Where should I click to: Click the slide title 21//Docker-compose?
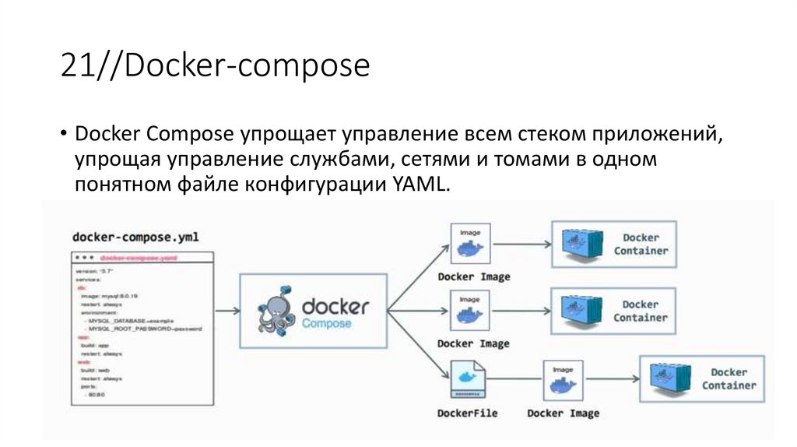click(214, 66)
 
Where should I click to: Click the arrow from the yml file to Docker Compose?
click(226, 311)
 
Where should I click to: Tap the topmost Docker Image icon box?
click(470, 244)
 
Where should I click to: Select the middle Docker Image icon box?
click(470, 311)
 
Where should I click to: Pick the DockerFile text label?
click(467, 413)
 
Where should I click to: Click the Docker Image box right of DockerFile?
click(563, 379)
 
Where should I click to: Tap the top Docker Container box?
click(613, 245)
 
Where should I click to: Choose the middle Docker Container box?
click(613, 311)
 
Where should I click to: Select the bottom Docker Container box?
click(701, 378)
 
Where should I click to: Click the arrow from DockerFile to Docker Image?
click(514, 379)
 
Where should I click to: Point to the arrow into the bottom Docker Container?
click(611, 379)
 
